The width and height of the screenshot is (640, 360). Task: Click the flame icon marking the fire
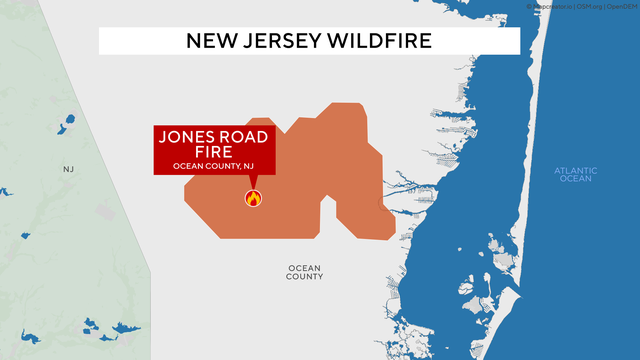pyautogui.click(x=252, y=198)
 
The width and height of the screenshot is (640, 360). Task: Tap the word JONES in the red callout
pyautogui.click(x=187, y=137)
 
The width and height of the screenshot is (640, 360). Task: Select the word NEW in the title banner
pyautogui.click(x=213, y=41)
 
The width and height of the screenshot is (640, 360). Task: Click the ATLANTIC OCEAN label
pyautogui.click(x=575, y=175)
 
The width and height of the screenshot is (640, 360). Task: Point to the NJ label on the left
pyautogui.click(x=68, y=169)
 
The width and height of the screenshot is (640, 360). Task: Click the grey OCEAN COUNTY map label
pyautogui.click(x=304, y=272)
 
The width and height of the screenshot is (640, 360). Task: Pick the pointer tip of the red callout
pyautogui.click(x=252, y=187)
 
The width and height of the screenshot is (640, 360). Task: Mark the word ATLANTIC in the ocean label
pyautogui.click(x=575, y=170)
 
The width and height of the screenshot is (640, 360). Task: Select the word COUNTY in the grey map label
pyautogui.click(x=304, y=277)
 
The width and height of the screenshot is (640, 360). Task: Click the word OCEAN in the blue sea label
pyautogui.click(x=575, y=180)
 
